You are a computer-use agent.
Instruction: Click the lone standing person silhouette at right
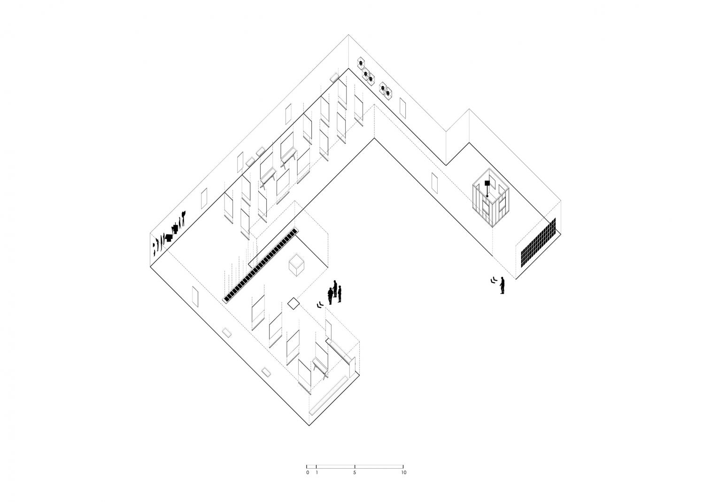coord(502,285)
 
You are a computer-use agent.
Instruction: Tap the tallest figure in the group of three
coord(335,289)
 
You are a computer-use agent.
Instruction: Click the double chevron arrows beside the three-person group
coord(320,305)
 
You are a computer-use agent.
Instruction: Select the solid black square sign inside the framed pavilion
coord(487,183)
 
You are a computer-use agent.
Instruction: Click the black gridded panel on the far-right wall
coord(539,243)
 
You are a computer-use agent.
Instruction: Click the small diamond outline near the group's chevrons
coord(293,303)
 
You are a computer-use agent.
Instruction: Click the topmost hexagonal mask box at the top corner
coord(361,63)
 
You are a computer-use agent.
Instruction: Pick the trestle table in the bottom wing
coord(320,368)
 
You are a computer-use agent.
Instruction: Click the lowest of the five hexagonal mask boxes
coord(388,93)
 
